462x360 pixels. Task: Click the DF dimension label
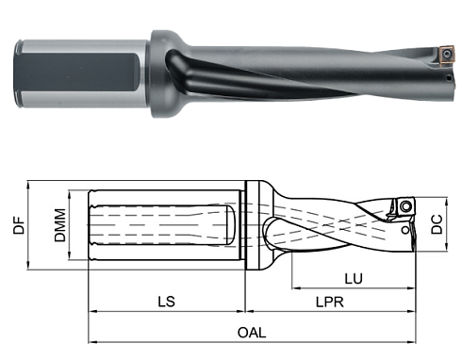click(x=19, y=227)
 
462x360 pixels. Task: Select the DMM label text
click(x=59, y=227)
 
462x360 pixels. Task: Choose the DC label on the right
click(x=437, y=226)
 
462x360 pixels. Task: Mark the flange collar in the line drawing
click(x=252, y=226)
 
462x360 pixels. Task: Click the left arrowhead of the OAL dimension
click(x=92, y=341)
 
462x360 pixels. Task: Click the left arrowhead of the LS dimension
click(x=92, y=310)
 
